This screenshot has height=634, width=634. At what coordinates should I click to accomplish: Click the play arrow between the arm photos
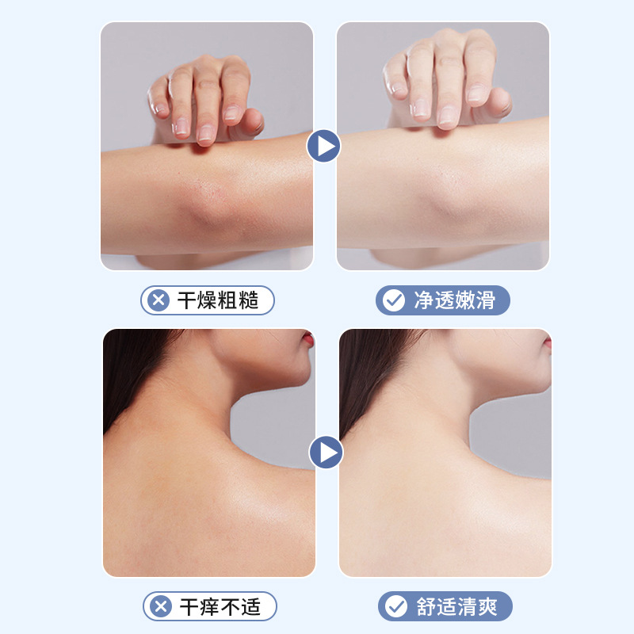coord(323,146)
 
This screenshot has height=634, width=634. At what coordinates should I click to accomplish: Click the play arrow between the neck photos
coord(326,452)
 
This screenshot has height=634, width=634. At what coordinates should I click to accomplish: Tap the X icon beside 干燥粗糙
coord(158,300)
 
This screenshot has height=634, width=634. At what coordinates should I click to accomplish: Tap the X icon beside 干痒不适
coord(161,606)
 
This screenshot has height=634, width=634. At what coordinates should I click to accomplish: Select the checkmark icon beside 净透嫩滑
coord(393,300)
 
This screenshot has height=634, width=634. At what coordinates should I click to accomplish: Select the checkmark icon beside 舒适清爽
coord(395,606)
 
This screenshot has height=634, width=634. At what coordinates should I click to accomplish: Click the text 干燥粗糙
coord(218,300)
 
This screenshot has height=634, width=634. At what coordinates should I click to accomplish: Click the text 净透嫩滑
coord(454,300)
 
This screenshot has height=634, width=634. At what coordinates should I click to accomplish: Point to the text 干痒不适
coord(220,606)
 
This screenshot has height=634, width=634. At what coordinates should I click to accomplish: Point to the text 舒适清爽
coord(457,606)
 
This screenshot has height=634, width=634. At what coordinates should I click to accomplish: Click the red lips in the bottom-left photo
coord(309,338)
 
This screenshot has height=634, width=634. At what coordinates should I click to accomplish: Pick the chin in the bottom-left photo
coord(297,376)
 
